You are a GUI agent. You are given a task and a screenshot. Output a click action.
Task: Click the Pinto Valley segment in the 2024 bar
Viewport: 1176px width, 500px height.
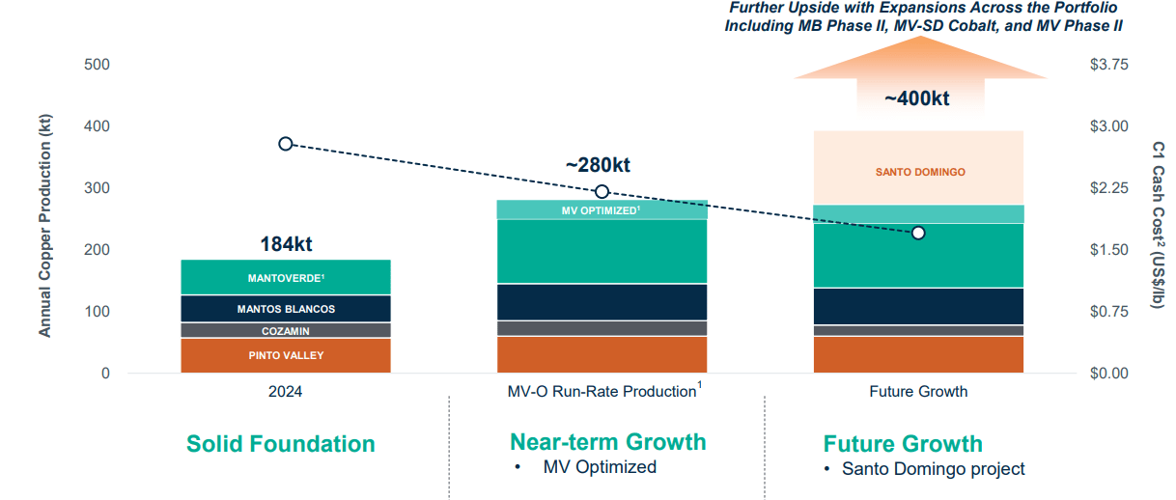(x=286, y=355)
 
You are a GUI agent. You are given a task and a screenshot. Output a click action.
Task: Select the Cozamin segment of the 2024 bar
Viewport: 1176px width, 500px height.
(x=286, y=331)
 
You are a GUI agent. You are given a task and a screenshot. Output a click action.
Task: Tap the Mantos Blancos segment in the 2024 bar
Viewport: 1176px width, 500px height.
(x=286, y=309)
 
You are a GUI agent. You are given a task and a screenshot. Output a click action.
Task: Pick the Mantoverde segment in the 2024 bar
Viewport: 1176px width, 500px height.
(x=286, y=278)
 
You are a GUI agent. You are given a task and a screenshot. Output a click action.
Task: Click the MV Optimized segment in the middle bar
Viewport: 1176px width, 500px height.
(x=602, y=210)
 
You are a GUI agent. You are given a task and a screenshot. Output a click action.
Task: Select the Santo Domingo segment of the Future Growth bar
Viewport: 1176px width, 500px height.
(x=918, y=172)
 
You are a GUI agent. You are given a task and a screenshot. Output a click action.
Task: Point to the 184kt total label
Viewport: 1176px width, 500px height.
(x=286, y=244)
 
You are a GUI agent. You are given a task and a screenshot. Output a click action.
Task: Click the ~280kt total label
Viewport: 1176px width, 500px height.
(x=603, y=165)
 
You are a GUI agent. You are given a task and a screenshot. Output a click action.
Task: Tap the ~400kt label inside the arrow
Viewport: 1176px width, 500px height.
(x=917, y=98)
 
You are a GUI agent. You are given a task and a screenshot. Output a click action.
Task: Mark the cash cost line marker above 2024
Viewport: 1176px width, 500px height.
(x=286, y=144)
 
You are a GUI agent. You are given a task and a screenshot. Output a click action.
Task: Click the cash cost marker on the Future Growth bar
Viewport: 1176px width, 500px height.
(x=918, y=233)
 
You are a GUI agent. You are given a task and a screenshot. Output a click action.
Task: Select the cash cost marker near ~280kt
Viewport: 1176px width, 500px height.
(x=602, y=191)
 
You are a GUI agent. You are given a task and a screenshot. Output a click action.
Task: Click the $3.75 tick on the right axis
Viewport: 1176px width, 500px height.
(x=1107, y=65)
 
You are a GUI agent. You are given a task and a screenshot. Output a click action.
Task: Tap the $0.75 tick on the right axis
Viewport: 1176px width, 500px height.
(x=1107, y=312)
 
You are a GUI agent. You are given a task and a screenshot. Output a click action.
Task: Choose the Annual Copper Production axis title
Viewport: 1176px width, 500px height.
(x=44, y=226)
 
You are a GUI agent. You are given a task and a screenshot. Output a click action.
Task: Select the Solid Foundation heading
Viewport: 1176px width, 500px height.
(x=280, y=444)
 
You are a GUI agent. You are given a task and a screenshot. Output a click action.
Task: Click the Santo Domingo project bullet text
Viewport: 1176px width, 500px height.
(x=933, y=469)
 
